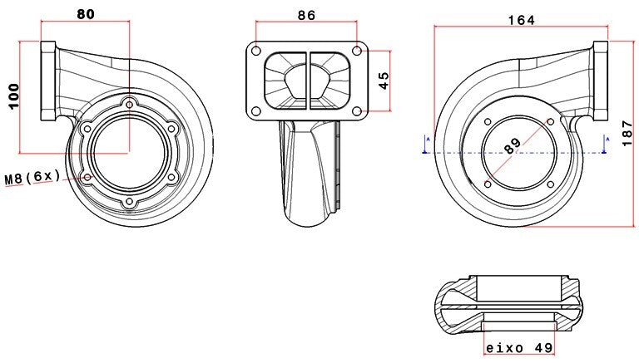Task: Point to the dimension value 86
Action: tap(306, 14)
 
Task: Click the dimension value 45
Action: tap(384, 81)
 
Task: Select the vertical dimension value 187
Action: tap(627, 132)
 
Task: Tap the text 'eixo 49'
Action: tap(519, 348)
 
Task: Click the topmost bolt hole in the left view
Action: tap(129, 104)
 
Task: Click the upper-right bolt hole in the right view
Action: tap(550, 122)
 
